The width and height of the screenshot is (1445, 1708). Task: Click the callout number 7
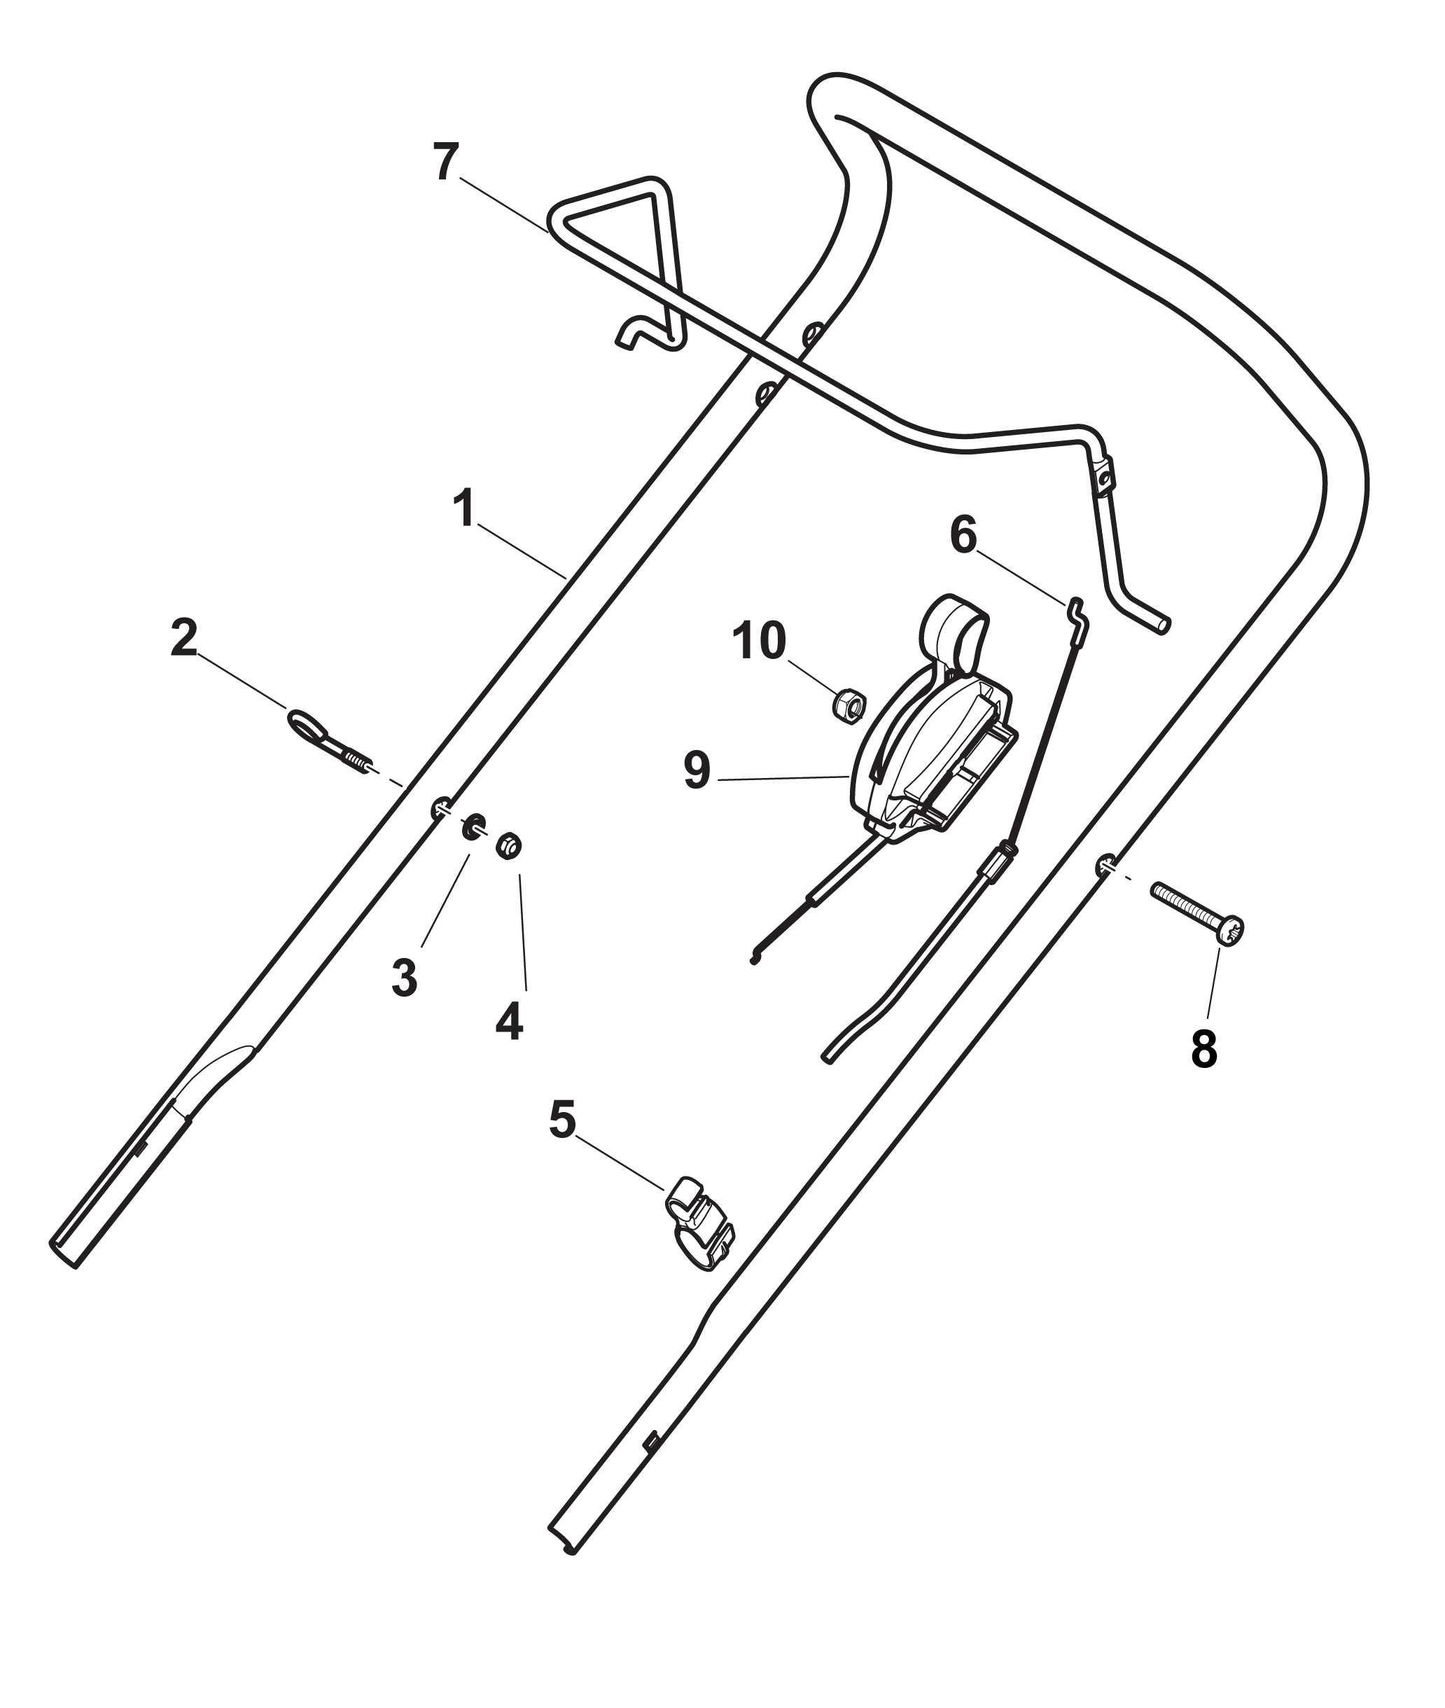tap(447, 162)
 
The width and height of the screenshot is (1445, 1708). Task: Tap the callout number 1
tap(464, 510)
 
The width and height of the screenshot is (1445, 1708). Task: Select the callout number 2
tap(183, 638)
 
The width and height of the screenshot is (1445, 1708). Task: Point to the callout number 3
tap(404, 978)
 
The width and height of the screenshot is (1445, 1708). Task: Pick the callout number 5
tap(562, 1120)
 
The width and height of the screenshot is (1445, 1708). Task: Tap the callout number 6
tap(963, 536)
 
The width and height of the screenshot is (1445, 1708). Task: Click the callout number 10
tap(758, 641)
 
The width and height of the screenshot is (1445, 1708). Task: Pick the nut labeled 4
tap(509, 845)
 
